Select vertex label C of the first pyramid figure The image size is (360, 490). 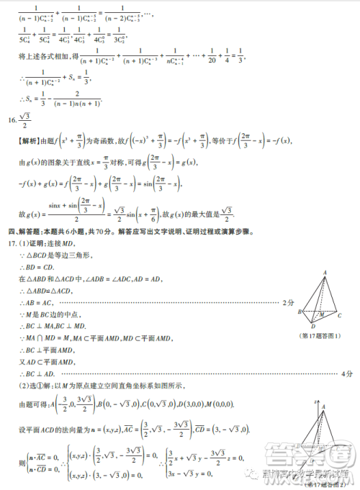click(x=339, y=315)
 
